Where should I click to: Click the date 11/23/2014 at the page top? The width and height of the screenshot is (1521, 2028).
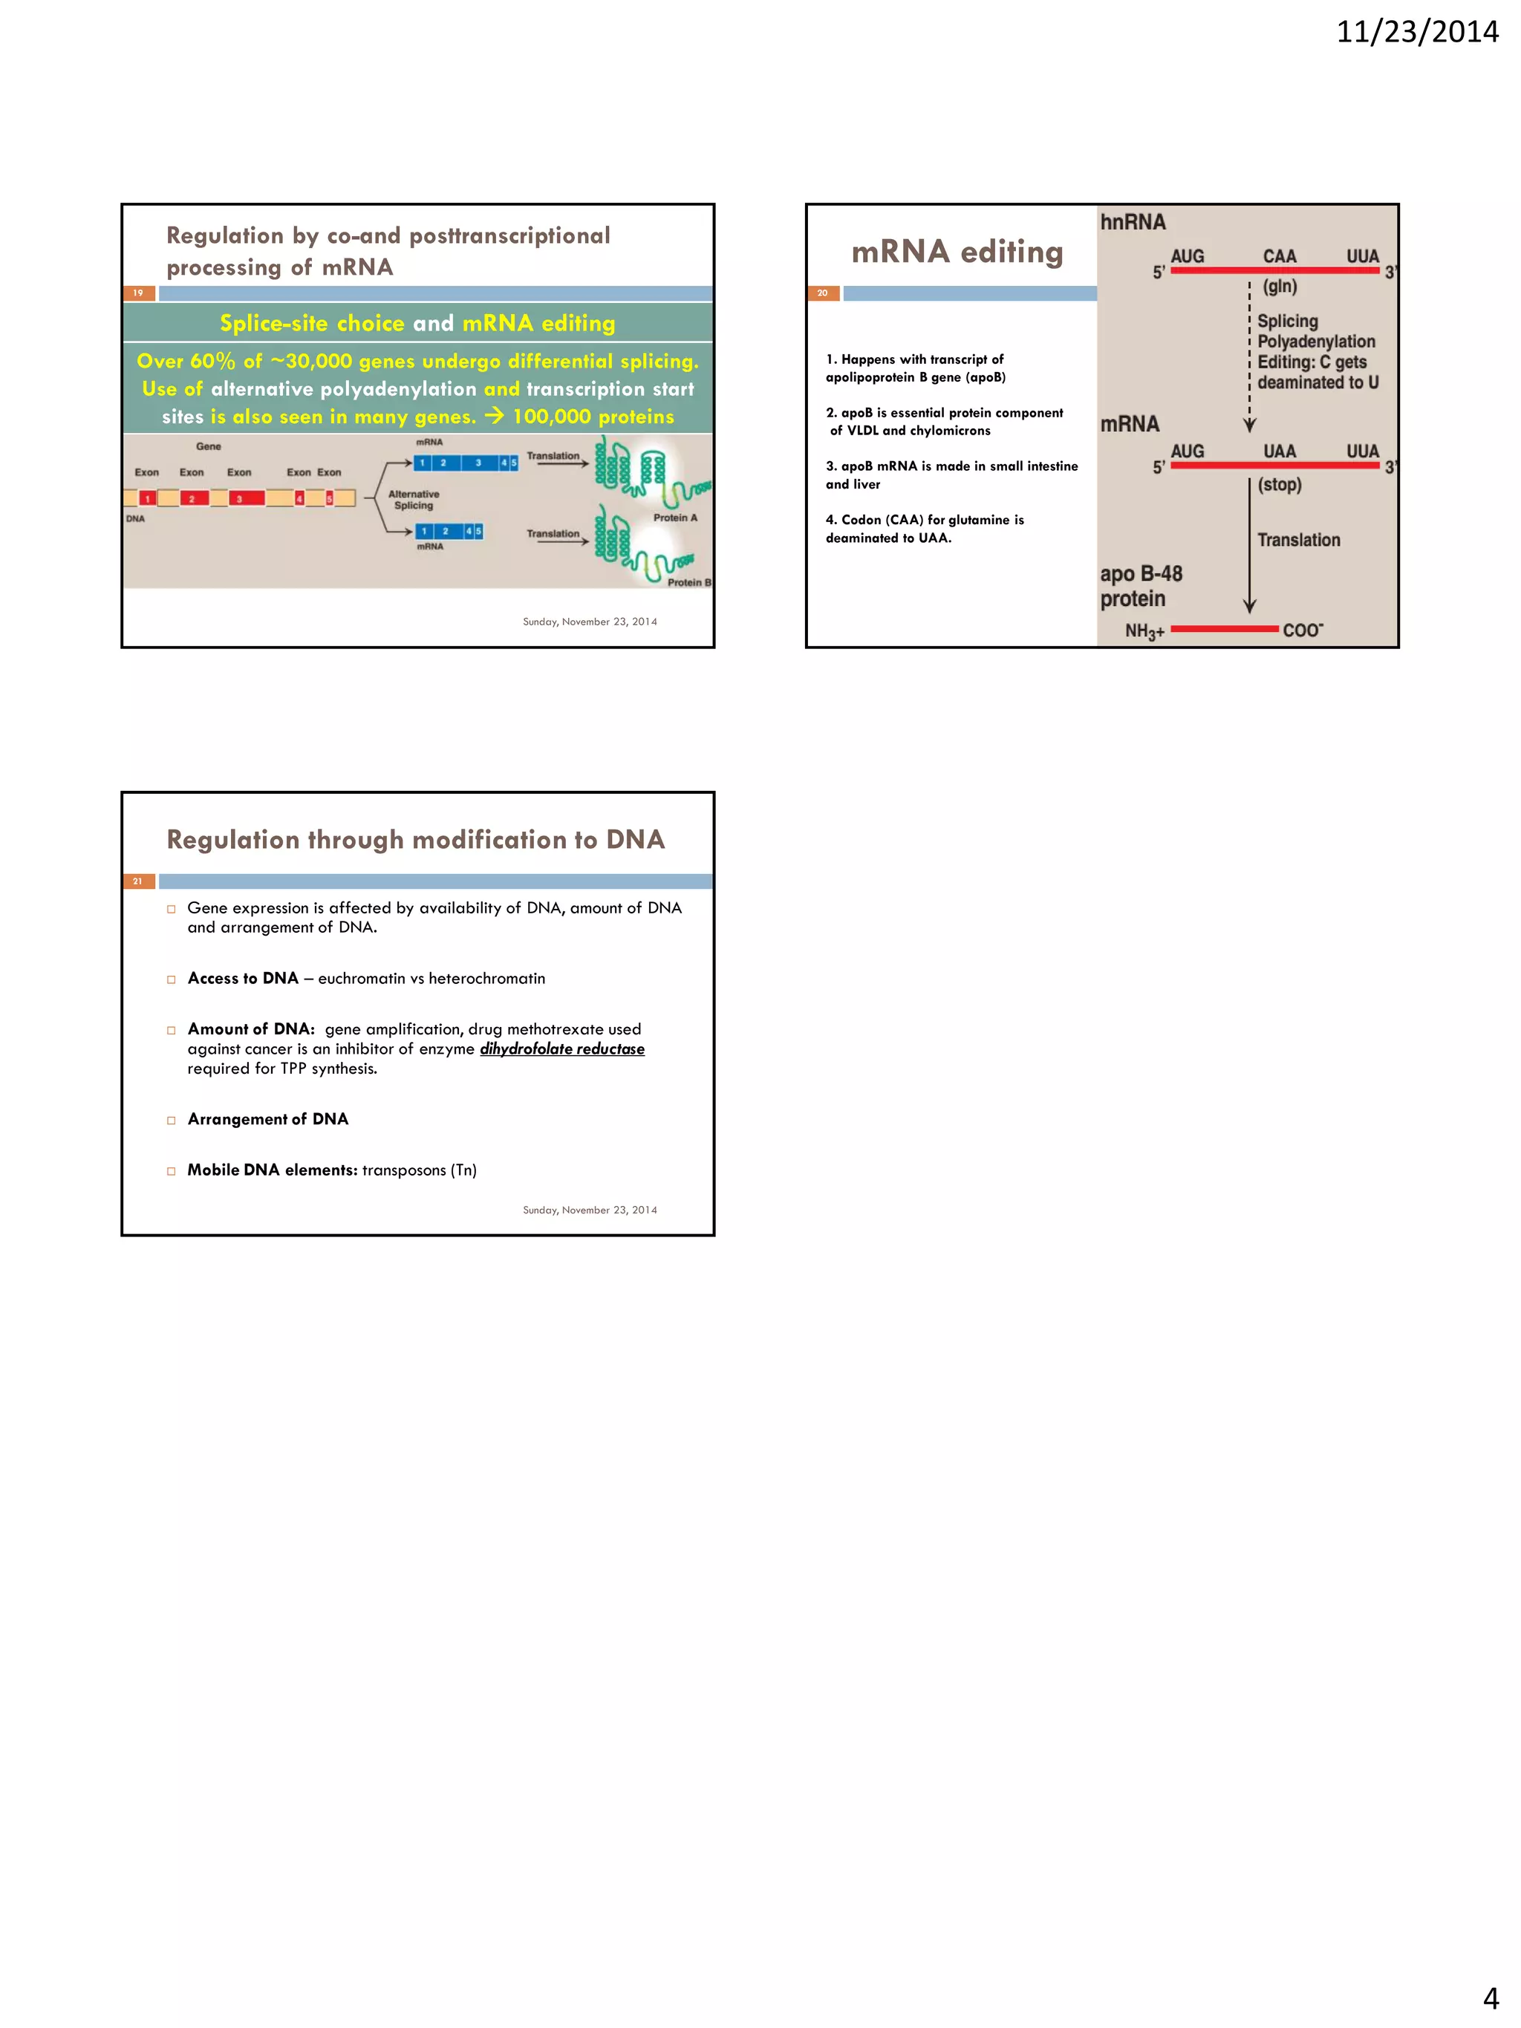tap(1416, 32)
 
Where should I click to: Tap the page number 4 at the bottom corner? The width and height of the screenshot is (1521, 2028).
tap(1491, 1998)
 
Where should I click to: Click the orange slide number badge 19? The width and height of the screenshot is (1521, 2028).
tap(138, 293)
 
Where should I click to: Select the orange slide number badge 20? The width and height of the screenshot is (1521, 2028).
tap(822, 293)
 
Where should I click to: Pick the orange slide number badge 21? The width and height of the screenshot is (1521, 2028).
tap(138, 881)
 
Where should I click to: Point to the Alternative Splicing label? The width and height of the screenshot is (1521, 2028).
tap(414, 500)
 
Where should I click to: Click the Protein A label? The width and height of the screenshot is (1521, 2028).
tap(675, 518)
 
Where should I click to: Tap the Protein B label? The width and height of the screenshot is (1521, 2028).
tap(688, 582)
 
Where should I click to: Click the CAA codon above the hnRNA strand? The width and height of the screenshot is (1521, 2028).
tap(1279, 257)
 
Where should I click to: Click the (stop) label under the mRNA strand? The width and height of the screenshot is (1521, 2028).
tap(1279, 484)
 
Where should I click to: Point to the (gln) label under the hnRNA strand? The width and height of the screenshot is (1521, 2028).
tap(1279, 286)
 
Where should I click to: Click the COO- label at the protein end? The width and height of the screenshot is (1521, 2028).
tap(1303, 630)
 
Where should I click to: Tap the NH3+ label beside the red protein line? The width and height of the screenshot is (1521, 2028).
tap(1144, 630)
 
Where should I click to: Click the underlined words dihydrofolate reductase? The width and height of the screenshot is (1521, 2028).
tap(562, 1049)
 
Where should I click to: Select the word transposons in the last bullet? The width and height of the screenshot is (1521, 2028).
tap(403, 1170)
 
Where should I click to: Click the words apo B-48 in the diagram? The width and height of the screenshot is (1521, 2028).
tap(1141, 574)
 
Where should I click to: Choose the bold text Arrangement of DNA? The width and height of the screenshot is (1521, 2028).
tap(267, 1118)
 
